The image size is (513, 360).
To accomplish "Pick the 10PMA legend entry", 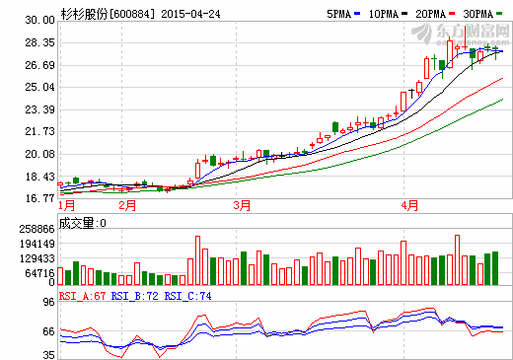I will point(381,15).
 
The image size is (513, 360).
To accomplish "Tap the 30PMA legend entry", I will point(477,15).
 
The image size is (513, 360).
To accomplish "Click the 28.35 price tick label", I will point(40,43).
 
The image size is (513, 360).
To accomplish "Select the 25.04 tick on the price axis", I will point(40,88).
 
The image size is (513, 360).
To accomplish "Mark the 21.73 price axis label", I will point(40,132).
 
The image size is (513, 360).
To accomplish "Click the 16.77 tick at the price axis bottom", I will point(40,198).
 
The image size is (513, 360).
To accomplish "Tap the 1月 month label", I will point(67,206).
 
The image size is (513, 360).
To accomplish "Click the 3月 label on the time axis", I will point(242,206).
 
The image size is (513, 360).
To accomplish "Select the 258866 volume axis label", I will point(36,228).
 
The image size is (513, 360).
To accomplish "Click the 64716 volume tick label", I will point(38,272).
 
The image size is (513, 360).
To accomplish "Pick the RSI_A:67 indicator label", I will point(82,296).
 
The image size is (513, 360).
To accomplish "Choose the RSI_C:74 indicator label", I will point(186,296).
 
